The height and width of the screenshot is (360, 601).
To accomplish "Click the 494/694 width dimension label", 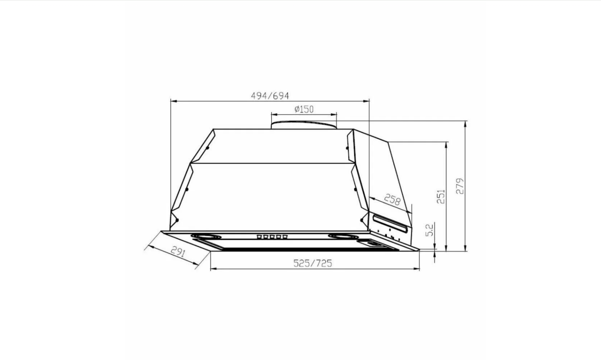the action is point(270,96).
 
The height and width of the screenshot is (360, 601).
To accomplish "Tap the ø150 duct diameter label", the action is point(304,109).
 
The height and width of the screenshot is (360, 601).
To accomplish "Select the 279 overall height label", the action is point(460,186).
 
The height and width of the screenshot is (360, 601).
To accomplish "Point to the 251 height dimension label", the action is point(441,197).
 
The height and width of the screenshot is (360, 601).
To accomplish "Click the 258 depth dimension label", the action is point(392,200).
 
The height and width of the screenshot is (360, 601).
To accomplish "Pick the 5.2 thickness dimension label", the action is point(429,230).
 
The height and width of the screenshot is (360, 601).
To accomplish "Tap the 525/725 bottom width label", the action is point(312,263).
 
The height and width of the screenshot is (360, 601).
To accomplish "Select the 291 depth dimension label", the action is point(178,252).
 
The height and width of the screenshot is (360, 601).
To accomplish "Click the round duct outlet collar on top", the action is point(304,125).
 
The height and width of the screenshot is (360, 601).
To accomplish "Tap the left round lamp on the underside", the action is point(206,236).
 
